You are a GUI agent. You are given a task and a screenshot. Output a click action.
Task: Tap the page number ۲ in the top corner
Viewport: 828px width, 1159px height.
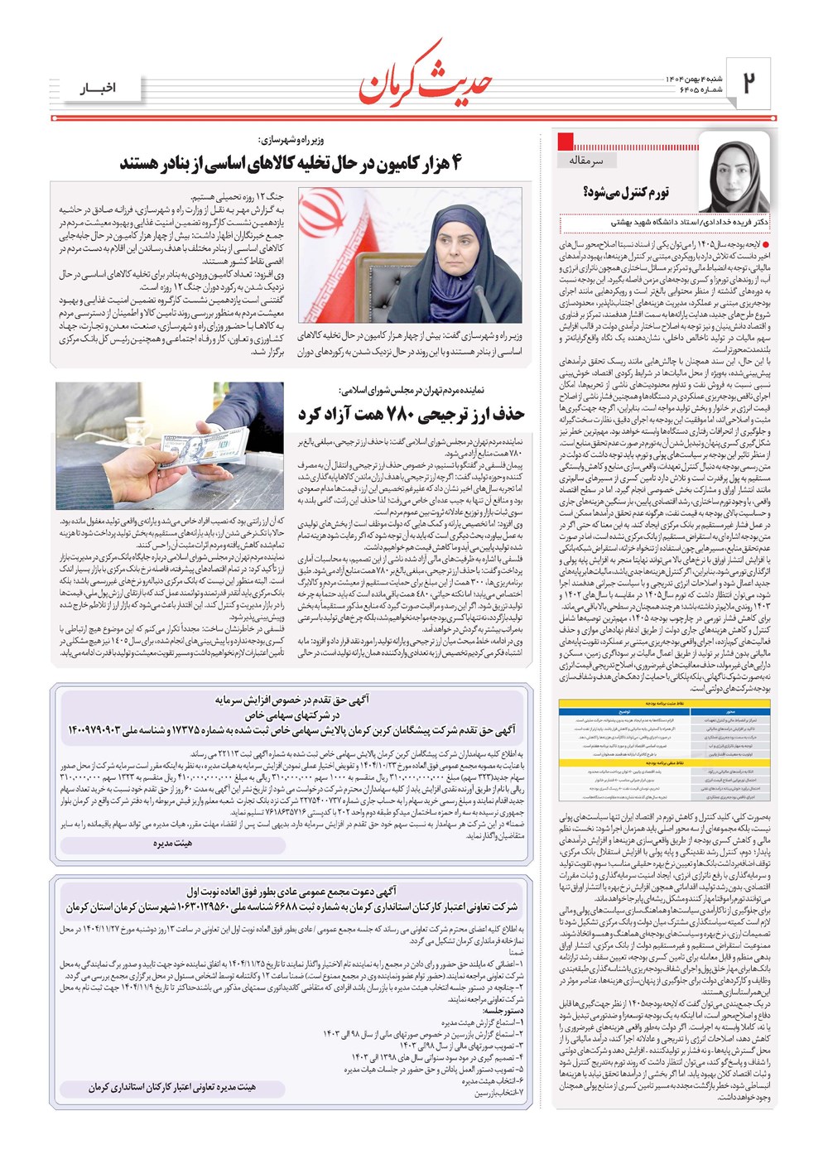(x=749, y=83)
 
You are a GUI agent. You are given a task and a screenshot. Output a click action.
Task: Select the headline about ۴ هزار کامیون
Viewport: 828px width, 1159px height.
(x=290, y=163)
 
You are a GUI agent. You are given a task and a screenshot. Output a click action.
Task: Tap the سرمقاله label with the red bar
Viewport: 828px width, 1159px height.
(x=586, y=160)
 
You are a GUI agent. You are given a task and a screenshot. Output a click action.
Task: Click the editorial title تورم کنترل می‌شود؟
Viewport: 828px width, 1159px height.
(x=625, y=193)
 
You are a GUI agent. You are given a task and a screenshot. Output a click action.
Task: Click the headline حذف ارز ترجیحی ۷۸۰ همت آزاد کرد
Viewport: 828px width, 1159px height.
(x=411, y=413)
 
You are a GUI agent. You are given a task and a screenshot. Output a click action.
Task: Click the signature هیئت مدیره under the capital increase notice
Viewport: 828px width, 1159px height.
(x=172, y=844)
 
